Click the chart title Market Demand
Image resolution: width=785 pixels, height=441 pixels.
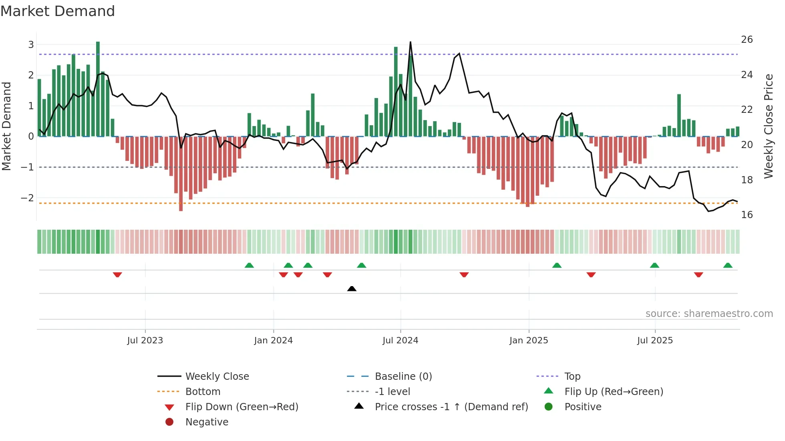click(58, 11)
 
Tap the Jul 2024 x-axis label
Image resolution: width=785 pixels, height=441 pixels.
click(400, 341)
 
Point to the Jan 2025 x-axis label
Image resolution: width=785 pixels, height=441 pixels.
click(528, 341)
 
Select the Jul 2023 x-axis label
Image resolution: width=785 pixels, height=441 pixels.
click(145, 341)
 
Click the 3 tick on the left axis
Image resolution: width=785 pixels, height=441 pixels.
click(31, 44)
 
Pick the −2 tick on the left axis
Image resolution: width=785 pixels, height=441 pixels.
click(27, 198)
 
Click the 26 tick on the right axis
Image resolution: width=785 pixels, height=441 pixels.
click(747, 40)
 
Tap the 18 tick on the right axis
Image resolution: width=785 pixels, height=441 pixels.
click(747, 180)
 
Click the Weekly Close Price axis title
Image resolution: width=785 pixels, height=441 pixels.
click(768, 126)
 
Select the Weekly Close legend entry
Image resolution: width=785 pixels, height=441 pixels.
click(217, 377)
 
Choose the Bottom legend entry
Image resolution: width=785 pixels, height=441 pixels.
click(203, 392)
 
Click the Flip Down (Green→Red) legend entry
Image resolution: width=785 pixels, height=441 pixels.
click(242, 407)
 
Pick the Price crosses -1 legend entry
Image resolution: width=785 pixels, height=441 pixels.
click(451, 407)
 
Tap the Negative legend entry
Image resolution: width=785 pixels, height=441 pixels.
click(207, 422)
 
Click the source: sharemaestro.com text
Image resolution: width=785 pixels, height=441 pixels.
click(709, 314)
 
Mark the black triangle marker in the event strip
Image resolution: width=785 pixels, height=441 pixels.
click(352, 289)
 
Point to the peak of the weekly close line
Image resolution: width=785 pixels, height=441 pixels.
click(410, 42)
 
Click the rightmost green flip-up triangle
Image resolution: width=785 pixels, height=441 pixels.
click(728, 265)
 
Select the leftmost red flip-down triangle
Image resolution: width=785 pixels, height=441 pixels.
click(117, 275)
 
